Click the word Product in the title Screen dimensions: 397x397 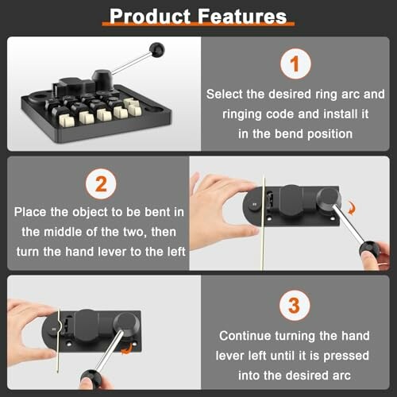pos(150,17)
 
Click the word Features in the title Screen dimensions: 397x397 pos(242,17)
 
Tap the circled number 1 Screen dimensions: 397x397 pos(295,64)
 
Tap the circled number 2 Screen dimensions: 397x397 pos(101,184)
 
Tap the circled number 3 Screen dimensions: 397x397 pos(295,306)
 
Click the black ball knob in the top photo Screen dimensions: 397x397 pos(156,50)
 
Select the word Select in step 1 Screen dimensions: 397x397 pos(225,94)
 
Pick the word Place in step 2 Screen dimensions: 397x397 pos(30,212)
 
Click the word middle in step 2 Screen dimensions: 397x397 pos(63,232)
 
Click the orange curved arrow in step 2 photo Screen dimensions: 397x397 pos(352,208)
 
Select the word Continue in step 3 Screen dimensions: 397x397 pos(245,336)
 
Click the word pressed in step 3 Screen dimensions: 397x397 pos(346,356)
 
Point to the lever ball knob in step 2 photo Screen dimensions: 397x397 pos(368,249)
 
